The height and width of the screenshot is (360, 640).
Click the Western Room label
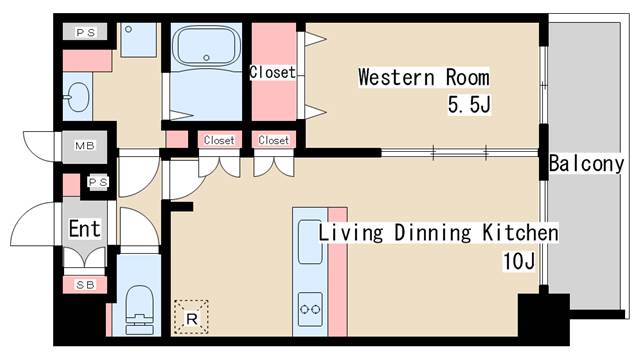click(x=423, y=77)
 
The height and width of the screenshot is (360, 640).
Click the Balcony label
click(x=586, y=164)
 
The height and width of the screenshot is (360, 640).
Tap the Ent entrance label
click(x=84, y=229)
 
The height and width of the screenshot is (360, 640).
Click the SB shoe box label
click(x=85, y=285)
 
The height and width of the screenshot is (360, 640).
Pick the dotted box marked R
click(x=190, y=317)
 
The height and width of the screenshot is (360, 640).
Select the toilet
click(x=137, y=306)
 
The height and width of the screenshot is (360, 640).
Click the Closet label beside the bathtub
click(x=272, y=72)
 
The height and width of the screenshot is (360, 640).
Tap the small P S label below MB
click(x=98, y=182)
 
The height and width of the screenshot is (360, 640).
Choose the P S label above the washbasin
click(x=85, y=32)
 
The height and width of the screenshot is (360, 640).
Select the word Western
click(x=393, y=77)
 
